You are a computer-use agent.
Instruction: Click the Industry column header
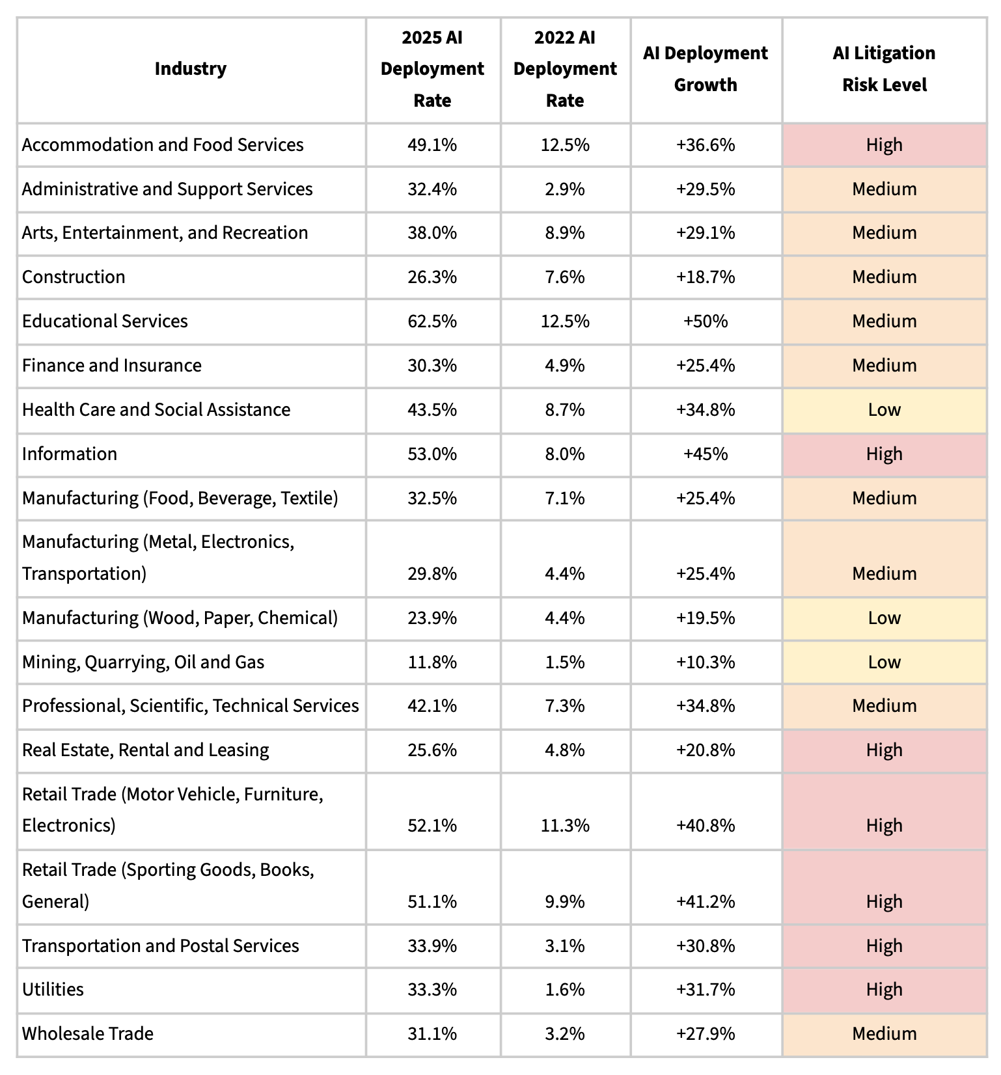191,69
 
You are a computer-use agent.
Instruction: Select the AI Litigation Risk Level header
884,69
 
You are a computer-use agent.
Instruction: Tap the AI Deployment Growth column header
706,69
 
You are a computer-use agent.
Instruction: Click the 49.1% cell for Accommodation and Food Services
432,144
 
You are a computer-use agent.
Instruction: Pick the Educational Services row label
105,321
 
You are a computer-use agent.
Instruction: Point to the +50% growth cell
706,321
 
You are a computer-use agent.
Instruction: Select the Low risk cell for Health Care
884,410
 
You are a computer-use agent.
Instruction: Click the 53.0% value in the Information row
432,454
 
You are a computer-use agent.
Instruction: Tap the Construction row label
74,277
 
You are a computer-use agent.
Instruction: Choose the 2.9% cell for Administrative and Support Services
564,189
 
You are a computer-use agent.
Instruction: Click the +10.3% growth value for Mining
706,662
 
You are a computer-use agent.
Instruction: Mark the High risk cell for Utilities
884,990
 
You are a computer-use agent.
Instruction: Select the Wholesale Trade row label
88,1034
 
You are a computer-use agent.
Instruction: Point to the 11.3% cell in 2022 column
564,826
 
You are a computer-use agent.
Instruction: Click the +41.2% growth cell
706,902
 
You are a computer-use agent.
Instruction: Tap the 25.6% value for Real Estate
432,750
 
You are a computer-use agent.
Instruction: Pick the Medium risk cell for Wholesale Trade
884,1034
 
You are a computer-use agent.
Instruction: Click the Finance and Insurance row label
112,366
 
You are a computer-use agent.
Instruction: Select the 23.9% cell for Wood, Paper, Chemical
432,618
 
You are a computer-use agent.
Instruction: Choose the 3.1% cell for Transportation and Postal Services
564,946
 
